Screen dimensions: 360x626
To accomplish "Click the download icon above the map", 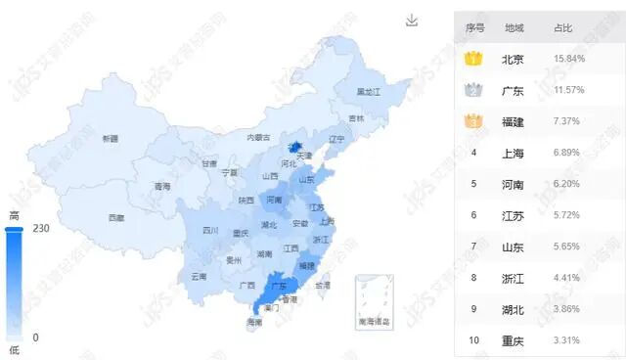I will (x=412, y=21).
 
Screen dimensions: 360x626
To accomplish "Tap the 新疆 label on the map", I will (x=110, y=139).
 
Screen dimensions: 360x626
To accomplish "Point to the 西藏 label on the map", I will (x=116, y=217).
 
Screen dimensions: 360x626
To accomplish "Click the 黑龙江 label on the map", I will (x=367, y=91).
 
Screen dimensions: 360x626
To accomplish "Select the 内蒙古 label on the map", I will (x=257, y=138).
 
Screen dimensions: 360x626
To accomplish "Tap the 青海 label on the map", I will (x=162, y=186).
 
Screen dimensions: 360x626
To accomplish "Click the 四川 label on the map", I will (x=210, y=231).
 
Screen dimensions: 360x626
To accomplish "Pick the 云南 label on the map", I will (x=200, y=277).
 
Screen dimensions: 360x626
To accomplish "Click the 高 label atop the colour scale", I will (x=14, y=216).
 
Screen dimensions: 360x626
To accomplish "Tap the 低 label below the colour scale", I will (x=14, y=349).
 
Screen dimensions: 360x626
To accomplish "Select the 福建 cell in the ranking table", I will (x=514, y=121).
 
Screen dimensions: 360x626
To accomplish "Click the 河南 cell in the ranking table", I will (x=514, y=184).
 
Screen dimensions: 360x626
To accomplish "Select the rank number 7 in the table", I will (x=473, y=247).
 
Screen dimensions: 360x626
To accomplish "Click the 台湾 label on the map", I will (x=323, y=286).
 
